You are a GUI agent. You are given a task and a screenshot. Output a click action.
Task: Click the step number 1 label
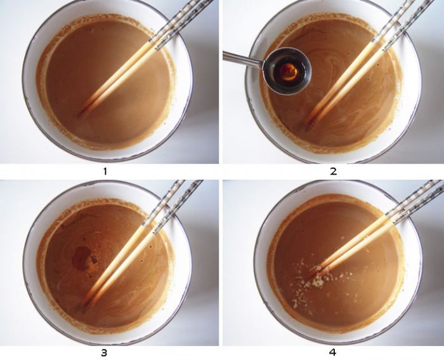(105, 171)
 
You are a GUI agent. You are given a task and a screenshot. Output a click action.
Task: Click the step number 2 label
(333, 171)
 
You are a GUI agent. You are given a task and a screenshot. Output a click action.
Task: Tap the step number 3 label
(104, 352)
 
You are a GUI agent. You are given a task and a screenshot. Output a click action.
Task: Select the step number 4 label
(332, 352)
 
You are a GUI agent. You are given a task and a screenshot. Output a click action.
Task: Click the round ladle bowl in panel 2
(287, 71)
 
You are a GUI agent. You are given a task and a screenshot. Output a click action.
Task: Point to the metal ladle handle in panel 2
(244, 58)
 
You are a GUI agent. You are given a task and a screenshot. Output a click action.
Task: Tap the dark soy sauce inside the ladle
(289, 72)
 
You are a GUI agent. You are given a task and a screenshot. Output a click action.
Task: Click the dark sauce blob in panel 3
(82, 257)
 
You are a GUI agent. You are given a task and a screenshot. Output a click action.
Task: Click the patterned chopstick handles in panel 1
(181, 21)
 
